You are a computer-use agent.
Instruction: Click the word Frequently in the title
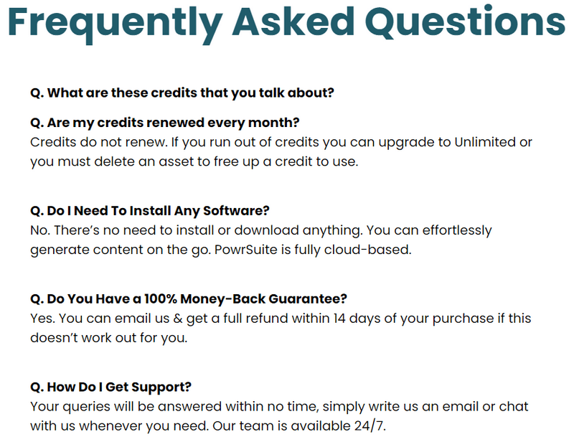pyautogui.click(x=115, y=23)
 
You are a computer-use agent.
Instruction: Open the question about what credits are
pyautogui.click(x=182, y=93)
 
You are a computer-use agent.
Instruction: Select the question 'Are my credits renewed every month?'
pyautogui.click(x=165, y=123)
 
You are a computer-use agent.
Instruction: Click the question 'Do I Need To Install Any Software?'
pyautogui.click(x=150, y=211)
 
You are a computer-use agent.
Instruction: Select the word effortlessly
pyautogui.click(x=457, y=231)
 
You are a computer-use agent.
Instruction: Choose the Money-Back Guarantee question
pyautogui.click(x=189, y=299)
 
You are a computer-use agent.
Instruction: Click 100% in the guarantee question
pyautogui.click(x=160, y=298)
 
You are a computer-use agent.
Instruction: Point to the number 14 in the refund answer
pyautogui.click(x=339, y=319)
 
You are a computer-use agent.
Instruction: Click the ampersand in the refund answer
pyautogui.click(x=178, y=319)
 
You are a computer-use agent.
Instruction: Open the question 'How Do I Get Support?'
pyautogui.click(x=111, y=387)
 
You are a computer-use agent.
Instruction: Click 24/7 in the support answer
pyautogui.click(x=370, y=426)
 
